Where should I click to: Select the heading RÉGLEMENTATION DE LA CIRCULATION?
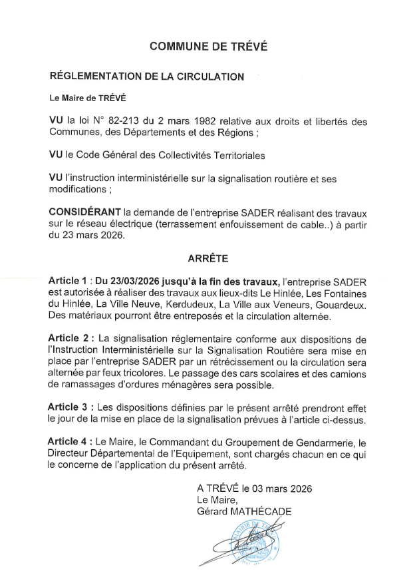coord(147,77)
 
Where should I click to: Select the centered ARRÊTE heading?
coord(207,256)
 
